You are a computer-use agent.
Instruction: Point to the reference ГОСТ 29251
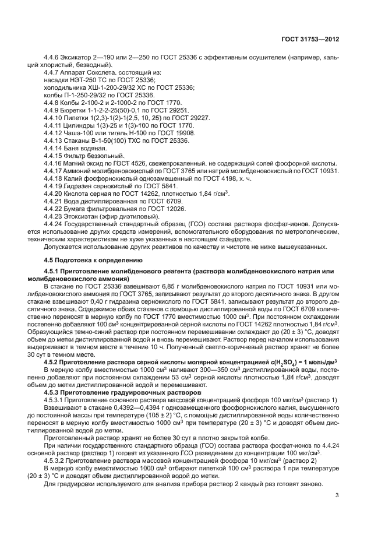171,110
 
